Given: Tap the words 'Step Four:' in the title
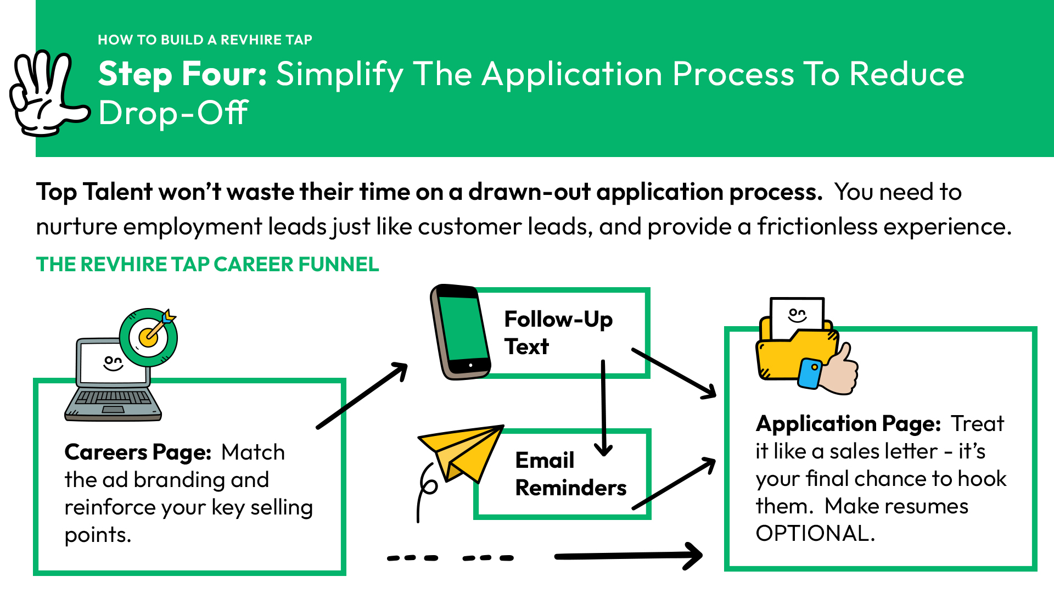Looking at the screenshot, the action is pos(183,74).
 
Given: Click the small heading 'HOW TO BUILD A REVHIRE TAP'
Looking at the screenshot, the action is pos(205,40).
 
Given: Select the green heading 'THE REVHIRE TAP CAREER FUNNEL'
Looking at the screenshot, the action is pos(208,264).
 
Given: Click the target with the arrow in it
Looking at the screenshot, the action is pos(149,337).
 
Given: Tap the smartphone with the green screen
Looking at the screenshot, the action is pos(460,332).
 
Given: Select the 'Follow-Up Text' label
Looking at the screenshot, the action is pos(558,333).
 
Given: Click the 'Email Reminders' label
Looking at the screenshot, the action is pos(571,474).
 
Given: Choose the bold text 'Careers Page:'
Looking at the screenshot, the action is pos(138,452).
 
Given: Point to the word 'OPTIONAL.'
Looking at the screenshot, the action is pos(815,533).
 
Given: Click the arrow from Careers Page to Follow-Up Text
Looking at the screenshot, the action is pos(362,395).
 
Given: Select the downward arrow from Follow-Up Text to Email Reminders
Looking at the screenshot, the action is pos(603,408).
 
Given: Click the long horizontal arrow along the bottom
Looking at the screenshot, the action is pos(629,556).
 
